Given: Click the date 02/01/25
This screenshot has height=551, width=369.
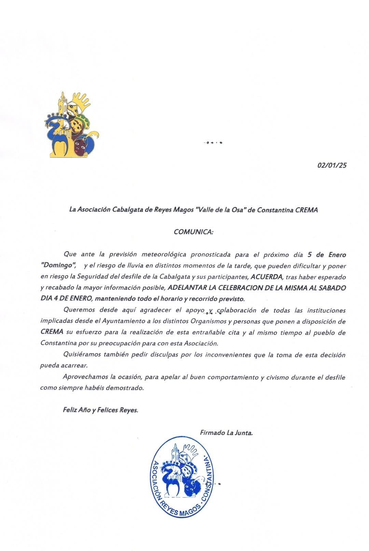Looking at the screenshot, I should click(x=332, y=165).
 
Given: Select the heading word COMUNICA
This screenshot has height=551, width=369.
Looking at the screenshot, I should click(x=193, y=232).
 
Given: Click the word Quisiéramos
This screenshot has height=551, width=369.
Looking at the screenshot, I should click(x=82, y=355).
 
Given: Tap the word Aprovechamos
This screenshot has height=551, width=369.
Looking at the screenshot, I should click(x=84, y=377).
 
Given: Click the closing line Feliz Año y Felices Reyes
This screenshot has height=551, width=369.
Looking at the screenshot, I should click(x=100, y=410).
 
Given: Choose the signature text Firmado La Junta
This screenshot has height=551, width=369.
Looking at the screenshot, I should click(x=226, y=433).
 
